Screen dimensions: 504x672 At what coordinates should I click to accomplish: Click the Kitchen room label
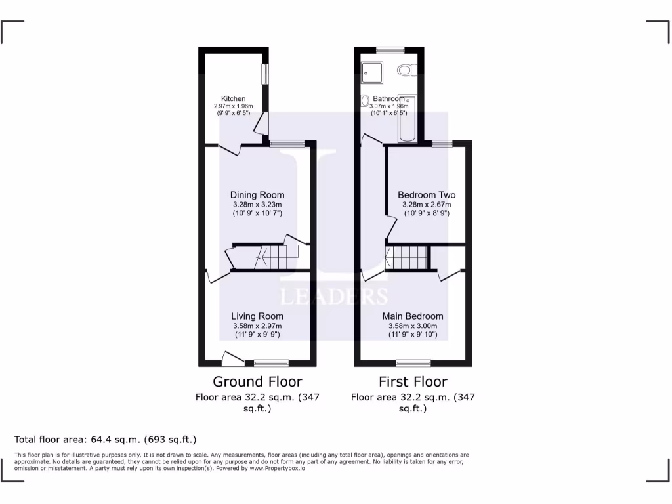point(233,99)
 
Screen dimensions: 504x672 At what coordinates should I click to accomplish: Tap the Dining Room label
point(257,195)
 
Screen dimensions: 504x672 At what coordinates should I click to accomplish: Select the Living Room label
point(257,316)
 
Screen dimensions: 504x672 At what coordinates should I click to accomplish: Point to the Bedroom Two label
point(427,195)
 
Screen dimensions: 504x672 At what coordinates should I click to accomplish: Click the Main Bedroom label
point(413,316)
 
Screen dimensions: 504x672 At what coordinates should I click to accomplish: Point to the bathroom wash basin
point(364,100)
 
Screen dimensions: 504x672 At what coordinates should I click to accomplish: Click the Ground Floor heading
point(257,381)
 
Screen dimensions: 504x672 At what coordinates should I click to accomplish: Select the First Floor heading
point(413,381)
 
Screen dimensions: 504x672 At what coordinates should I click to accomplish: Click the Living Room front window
point(272,362)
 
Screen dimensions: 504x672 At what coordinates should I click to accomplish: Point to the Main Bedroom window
point(413,362)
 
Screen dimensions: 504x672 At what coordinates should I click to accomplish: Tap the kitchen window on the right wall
point(265,73)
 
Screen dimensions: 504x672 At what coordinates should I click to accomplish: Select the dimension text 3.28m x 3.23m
point(257,204)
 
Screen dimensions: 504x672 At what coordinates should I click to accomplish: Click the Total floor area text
point(106,440)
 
